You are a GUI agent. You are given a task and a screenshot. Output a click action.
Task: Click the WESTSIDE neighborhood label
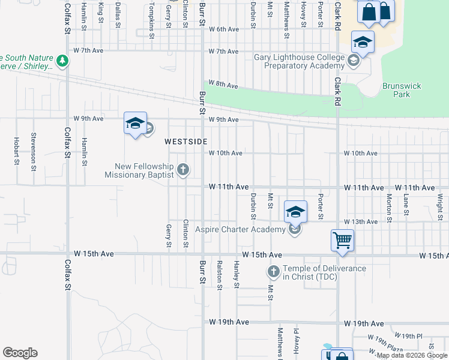186,142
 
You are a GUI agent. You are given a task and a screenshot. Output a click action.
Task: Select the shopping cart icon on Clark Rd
342,240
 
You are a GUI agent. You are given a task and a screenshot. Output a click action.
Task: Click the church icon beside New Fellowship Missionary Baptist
183,170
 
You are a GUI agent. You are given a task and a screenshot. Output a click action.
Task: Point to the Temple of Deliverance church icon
273,272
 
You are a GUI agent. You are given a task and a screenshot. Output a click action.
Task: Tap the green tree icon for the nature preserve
62,61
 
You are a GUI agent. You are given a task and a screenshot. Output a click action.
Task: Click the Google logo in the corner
20,353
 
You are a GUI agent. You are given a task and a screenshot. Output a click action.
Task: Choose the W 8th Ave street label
223,83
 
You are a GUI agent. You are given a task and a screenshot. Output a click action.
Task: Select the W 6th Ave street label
224,29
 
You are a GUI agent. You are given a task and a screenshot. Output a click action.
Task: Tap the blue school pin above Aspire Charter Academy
295,212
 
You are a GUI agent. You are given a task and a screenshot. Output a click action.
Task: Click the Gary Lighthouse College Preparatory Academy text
298,62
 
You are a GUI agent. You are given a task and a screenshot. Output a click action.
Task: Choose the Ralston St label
220,275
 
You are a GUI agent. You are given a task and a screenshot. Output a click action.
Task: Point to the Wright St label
440,204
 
